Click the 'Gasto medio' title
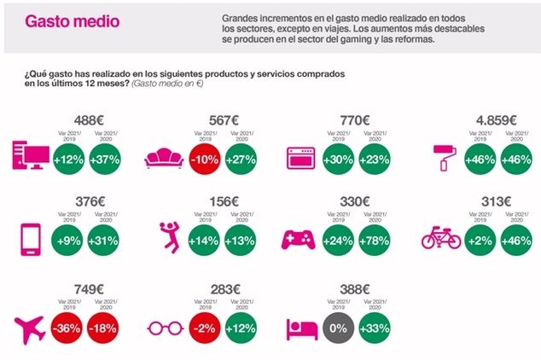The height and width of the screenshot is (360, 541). tap(61, 21)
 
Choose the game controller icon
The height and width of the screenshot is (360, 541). tap(304, 240)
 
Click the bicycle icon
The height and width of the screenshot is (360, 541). tap(441, 240)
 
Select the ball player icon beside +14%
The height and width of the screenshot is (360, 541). tap(168, 240)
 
